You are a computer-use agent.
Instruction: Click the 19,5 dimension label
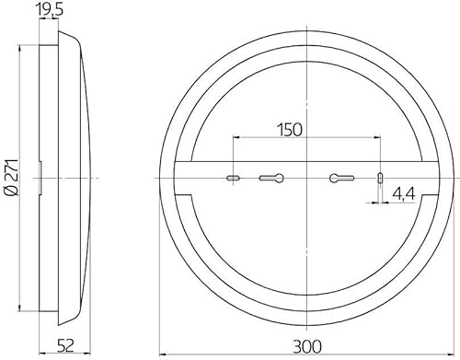coord(50,9)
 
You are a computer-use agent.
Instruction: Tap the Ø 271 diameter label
coord(12,178)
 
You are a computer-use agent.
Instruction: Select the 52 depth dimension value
coord(65,345)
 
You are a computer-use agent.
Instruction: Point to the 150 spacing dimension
coord(290,130)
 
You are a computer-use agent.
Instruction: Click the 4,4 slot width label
coord(404,194)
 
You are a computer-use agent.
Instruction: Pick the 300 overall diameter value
coord(307,347)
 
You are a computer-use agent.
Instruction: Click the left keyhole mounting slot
coord(271,178)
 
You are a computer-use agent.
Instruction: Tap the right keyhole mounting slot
coord(342,178)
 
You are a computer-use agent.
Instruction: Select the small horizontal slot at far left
coord(233,178)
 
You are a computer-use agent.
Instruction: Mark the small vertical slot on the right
coord(381,178)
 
